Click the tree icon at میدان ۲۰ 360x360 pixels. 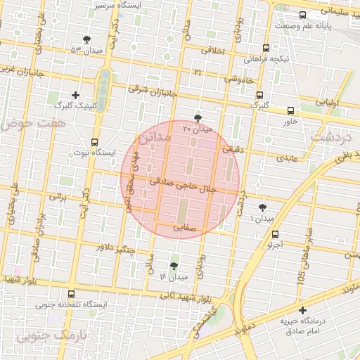(x=198, y=119)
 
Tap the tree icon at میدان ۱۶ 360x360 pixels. (x=174, y=266)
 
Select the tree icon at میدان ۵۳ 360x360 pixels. (x=86, y=39)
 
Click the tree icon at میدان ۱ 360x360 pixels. (x=262, y=207)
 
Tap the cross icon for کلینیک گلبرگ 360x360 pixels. (x=76, y=94)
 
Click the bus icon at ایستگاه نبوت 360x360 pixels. (x=95, y=141)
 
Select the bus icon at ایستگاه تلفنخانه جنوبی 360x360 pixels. (x=70, y=294)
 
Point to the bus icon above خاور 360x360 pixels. (x=290, y=110)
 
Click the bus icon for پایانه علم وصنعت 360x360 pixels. (x=302, y=15)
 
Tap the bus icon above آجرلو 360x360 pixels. (x=275, y=235)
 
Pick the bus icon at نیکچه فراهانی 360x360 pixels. (x=265, y=49)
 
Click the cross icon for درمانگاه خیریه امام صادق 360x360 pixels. (x=302, y=310)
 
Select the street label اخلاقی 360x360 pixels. (x=214, y=50)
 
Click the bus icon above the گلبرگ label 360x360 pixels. (x=259, y=95)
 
